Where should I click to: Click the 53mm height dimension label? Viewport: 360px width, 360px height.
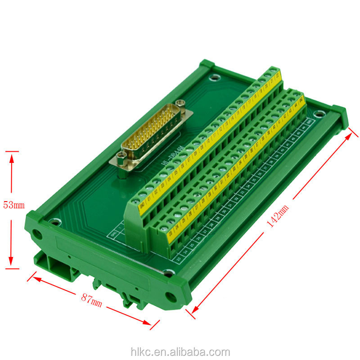point(13,205)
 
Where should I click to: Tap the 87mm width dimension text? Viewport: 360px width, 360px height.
point(91,300)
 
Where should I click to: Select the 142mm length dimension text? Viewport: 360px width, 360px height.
point(278,217)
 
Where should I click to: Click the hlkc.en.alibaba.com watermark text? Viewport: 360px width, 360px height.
point(180,352)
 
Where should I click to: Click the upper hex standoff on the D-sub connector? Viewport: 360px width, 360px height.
point(181,105)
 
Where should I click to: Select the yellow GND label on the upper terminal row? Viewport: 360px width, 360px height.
point(142,207)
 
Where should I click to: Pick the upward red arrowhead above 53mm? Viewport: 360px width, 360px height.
point(12,157)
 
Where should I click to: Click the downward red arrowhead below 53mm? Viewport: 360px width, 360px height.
point(12,264)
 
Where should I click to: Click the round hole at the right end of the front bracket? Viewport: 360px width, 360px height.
point(170,296)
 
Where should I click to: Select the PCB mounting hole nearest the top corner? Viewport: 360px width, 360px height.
point(215,77)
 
